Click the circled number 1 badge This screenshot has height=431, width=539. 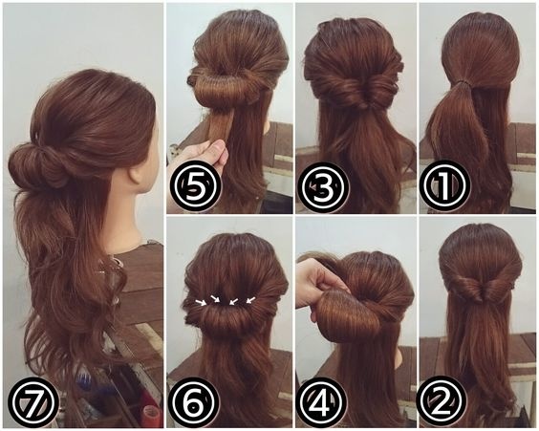pyautogui.click(x=443, y=186)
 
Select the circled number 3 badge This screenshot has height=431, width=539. pyautogui.click(x=322, y=187)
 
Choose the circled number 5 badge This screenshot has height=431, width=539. pyautogui.click(x=196, y=187)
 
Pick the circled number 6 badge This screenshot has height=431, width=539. pyautogui.click(x=195, y=402)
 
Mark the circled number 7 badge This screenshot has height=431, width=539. pyautogui.click(x=32, y=401)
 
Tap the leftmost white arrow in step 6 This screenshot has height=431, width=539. pyautogui.click(x=202, y=302)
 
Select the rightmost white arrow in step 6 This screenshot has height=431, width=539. pyautogui.click(x=250, y=300)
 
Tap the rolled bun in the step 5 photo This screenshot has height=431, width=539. pyautogui.click(x=224, y=86)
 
